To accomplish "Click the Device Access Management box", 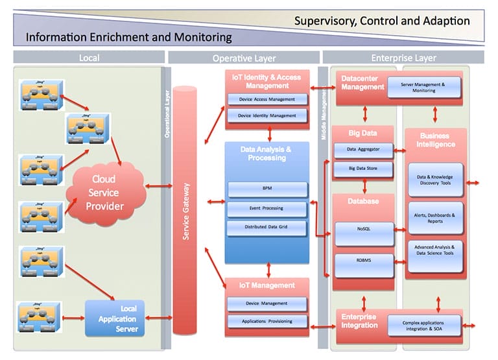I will pyautogui.click(x=267, y=99).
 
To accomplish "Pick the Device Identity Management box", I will pyautogui.click(x=267, y=115).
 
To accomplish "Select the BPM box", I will pyautogui.click(x=267, y=189).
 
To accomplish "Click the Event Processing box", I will pyautogui.click(x=267, y=209).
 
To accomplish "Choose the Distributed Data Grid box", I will pyautogui.click(x=267, y=228).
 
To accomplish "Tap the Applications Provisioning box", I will pyautogui.click(x=267, y=321).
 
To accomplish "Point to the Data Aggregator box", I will pyautogui.click(x=363, y=150).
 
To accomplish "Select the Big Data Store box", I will pyautogui.click(x=363, y=169).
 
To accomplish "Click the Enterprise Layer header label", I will pyautogui.click(x=403, y=58).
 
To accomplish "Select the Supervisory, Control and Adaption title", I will pyautogui.click(x=382, y=20).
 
